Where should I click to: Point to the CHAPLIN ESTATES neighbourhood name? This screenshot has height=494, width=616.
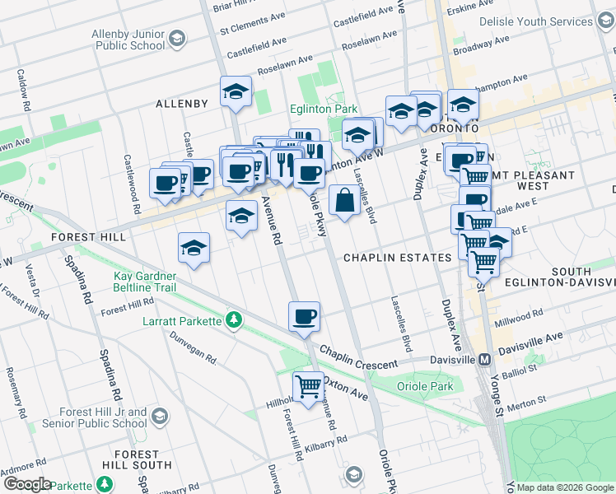(x=397, y=258)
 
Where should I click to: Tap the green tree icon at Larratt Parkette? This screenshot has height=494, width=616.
(x=235, y=319)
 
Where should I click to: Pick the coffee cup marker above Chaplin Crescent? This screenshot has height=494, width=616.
(x=304, y=316)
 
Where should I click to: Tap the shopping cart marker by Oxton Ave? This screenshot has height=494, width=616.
(x=308, y=384)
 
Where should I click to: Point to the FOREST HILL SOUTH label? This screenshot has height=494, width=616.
(x=137, y=459)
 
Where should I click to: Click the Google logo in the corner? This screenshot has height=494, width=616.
(x=27, y=484)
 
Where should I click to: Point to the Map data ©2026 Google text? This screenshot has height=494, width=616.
(x=566, y=487)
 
